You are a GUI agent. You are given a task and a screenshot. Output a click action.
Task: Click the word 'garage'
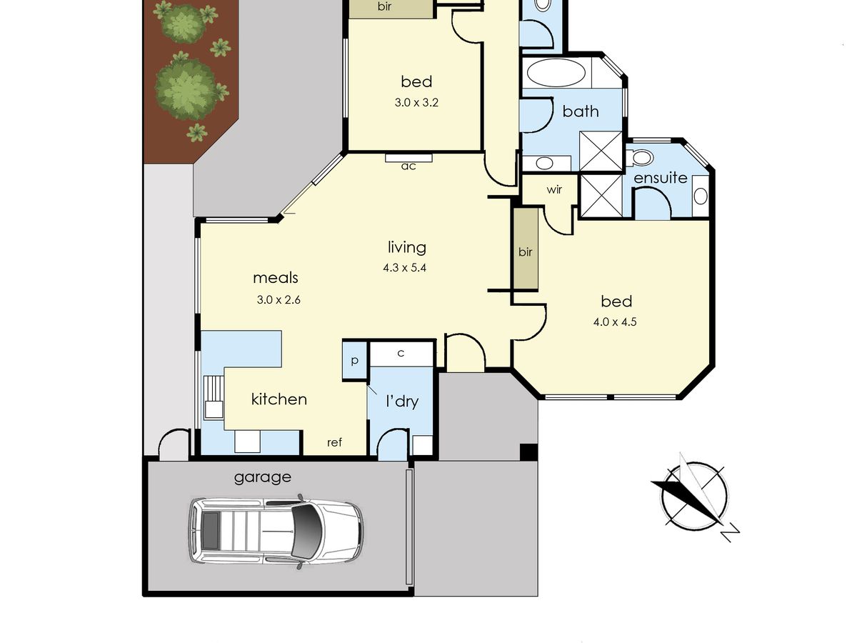coord(263,477)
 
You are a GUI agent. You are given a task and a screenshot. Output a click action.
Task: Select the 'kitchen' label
coord(279,399)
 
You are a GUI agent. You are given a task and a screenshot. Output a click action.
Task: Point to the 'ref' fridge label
coord(334,443)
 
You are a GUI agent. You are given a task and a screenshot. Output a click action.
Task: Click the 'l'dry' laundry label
coord(401,402)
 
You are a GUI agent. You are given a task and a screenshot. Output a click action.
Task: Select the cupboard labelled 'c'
coord(401,353)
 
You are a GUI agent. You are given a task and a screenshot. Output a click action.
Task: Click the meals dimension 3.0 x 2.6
coord(279,300)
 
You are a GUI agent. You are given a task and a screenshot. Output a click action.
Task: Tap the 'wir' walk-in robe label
coord(555,190)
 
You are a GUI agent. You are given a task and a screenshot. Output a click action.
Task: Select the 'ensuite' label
coord(661,178)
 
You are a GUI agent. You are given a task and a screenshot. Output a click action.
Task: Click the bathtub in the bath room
coord(555,73)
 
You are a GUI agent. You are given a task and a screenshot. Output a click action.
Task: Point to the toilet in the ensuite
coord(643,157)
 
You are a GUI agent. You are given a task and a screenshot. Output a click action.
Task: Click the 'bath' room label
coord(581,111)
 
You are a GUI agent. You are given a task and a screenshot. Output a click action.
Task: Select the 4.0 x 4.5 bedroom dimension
coord(615,321)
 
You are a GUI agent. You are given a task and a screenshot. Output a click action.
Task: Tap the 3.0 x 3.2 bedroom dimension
coord(416,102)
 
